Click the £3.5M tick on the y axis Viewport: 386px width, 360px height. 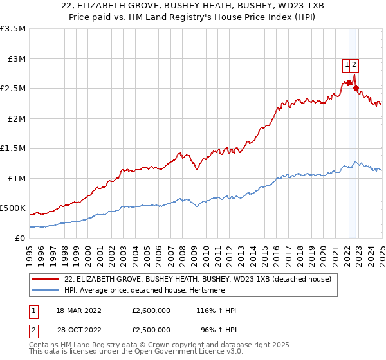click(x=13, y=29)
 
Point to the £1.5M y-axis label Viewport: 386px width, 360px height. click(x=13, y=148)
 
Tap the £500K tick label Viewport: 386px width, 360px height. click(x=13, y=208)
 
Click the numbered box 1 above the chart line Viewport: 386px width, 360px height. click(x=347, y=64)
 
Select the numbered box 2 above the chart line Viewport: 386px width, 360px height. click(x=354, y=64)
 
